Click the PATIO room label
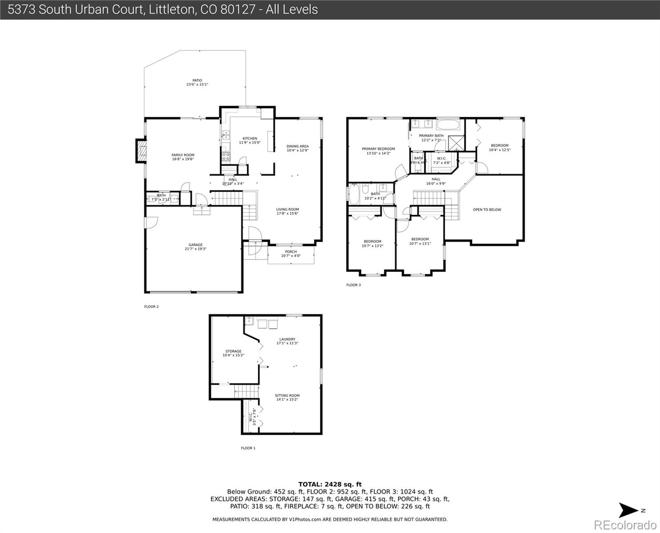(x=197, y=81)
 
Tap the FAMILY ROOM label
(x=183, y=155)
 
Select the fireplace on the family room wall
(x=141, y=151)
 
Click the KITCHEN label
(x=250, y=139)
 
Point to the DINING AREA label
(x=297, y=146)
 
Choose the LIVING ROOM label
(x=287, y=209)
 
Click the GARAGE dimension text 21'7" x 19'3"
(x=195, y=249)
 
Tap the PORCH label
(x=291, y=252)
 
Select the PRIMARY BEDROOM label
(x=378, y=149)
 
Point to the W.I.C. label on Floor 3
(x=441, y=159)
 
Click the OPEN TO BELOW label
(x=487, y=210)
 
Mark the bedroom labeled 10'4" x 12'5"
(x=499, y=147)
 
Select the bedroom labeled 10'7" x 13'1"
(x=420, y=241)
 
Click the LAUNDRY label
(x=287, y=339)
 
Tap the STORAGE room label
(x=233, y=351)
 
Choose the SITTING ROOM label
(x=287, y=395)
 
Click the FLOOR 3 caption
(x=354, y=285)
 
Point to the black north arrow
(x=629, y=510)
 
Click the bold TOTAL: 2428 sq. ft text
(x=330, y=484)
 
